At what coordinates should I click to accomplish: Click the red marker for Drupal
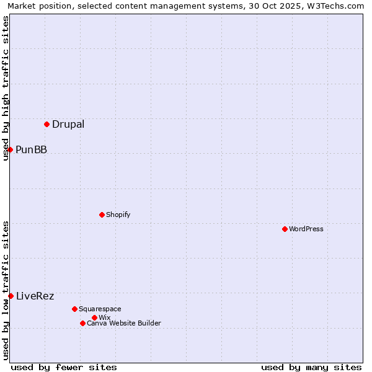tap(46, 124)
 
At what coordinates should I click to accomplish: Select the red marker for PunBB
tap(10, 149)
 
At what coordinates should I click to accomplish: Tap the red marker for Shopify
tap(102, 215)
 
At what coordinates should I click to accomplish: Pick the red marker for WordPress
tap(285, 229)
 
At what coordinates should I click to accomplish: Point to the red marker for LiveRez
tap(11, 296)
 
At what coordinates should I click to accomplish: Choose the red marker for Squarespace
tap(74, 309)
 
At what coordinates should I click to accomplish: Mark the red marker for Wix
tap(94, 317)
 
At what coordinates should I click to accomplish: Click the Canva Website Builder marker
tap(82, 323)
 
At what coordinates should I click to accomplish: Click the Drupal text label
tap(68, 124)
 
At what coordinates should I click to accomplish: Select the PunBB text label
tap(31, 149)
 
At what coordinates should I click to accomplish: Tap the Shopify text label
tap(118, 215)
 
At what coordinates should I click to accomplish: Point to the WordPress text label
tap(306, 229)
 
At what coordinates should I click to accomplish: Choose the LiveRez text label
tap(35, 296)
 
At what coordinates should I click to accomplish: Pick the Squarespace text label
tap(100, 309)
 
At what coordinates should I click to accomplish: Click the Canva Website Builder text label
tap(124, 323)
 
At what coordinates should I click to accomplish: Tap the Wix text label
tap(104, 317)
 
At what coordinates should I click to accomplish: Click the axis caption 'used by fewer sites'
tap(64, 367)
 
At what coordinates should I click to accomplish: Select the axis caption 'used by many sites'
tap(311, 367)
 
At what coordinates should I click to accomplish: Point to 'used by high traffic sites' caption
tap(6, 88)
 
